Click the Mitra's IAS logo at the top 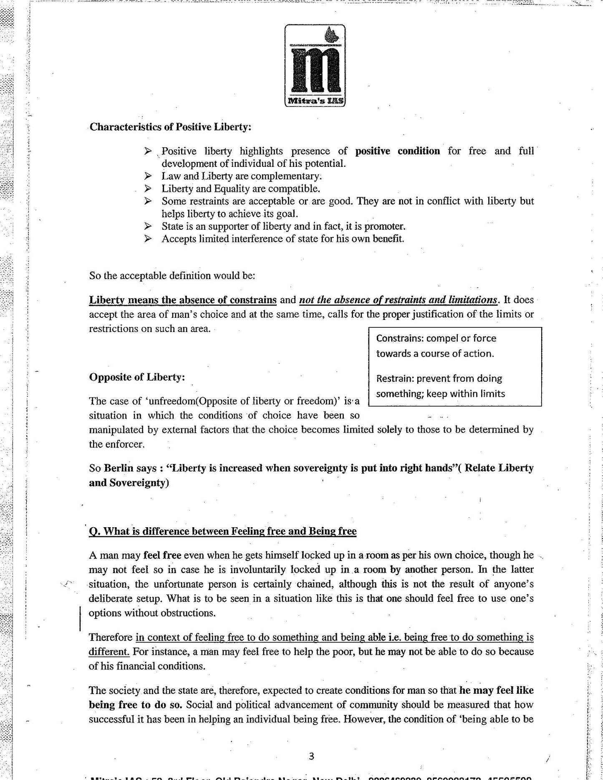click(x=315, y=65)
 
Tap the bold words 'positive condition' click(x=398, y=151)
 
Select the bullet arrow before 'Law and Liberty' click(x=148, y=176)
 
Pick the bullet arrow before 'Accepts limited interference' click(x=148, y=239)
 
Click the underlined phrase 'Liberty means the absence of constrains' click(x=183, y=300)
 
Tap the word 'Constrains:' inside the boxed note click(x=395, y=338)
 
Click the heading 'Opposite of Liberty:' click(x=137, y=377)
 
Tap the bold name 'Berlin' click(x=119, y=468)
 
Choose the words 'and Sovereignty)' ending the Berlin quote click(x=129, y=483)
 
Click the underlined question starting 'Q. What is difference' click(x=223, y=531)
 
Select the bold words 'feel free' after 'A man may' click(x=162, y=555)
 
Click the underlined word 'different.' click(x=109, y=651)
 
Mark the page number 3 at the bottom click(x=311, y=756)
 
